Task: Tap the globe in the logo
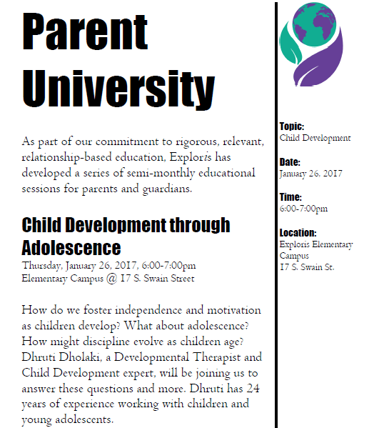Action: tap(308, 29)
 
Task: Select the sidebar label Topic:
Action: tap(292, 126)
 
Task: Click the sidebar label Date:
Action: tap(290, 162)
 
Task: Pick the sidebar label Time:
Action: tap(290, 197)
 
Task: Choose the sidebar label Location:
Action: tap(298, 233)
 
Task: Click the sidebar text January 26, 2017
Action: tap(311, 173)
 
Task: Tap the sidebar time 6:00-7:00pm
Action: tap(304, 209)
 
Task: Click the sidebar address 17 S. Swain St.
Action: tap(308, 267)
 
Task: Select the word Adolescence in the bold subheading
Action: tap(71, 248)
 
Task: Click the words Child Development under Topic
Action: tap(315, 137)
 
